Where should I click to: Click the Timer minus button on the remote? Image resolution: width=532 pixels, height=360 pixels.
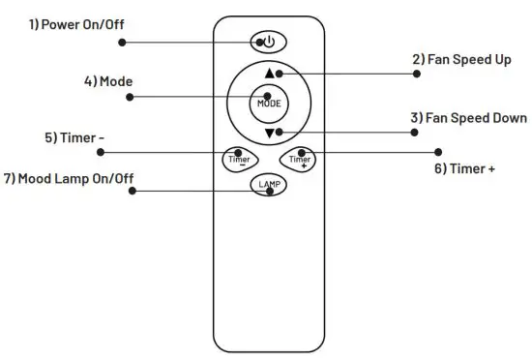pyautogui.click(x=238, y=157)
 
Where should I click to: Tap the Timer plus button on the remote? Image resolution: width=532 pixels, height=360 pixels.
pyautogui.click(x=298, y=157)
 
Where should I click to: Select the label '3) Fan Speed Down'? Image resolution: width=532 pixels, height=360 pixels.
pyautogui.click(x=468, y=117)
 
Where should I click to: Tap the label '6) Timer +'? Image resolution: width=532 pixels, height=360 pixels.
pyautogui.click(x=463, y=168)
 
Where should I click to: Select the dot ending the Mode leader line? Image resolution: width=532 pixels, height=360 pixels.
pyautogui.click(x=129, y=97)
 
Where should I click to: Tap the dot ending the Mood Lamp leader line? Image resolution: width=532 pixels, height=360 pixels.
pyautogui.click(x=133, y=190)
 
